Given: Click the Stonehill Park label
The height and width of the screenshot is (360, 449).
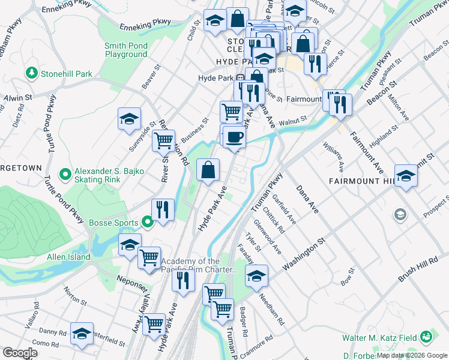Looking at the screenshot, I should pos(66,74).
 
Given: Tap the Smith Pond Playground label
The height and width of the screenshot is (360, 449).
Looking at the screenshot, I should pos(125,50).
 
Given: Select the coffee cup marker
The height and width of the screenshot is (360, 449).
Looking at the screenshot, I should pos(235,137).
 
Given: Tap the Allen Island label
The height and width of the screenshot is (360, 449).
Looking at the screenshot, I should pos(68,257).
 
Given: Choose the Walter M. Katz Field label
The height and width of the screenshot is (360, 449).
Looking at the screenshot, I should pos(379,338).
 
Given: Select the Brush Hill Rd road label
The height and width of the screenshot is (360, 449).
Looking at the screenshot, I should pos(416,264).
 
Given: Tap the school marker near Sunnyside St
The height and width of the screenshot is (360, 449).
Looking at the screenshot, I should pos(129,119).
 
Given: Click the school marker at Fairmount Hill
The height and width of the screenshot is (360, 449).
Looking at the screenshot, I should pos(406,175).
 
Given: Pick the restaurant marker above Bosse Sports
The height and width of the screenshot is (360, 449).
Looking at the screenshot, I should pos(163,209).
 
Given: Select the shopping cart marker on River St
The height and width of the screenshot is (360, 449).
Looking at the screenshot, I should pos(163,141).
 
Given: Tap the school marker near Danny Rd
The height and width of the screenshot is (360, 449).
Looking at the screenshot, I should pos(82,334).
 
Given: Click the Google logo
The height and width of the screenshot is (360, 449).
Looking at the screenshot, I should pos(20,353).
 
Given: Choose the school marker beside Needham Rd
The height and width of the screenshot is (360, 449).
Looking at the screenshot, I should pos(256,276).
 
